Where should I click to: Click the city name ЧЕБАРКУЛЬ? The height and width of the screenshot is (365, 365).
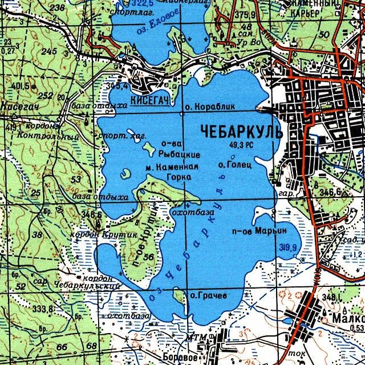click(x=241, y=132)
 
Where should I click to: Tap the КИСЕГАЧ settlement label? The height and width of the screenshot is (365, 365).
click(x=150, y=100)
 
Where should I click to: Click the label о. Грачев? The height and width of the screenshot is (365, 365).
click(x=208, y=295)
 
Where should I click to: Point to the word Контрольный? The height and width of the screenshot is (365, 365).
click(x=47, y=136)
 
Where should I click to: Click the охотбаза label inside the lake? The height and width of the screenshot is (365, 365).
click(x=192, y=212)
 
